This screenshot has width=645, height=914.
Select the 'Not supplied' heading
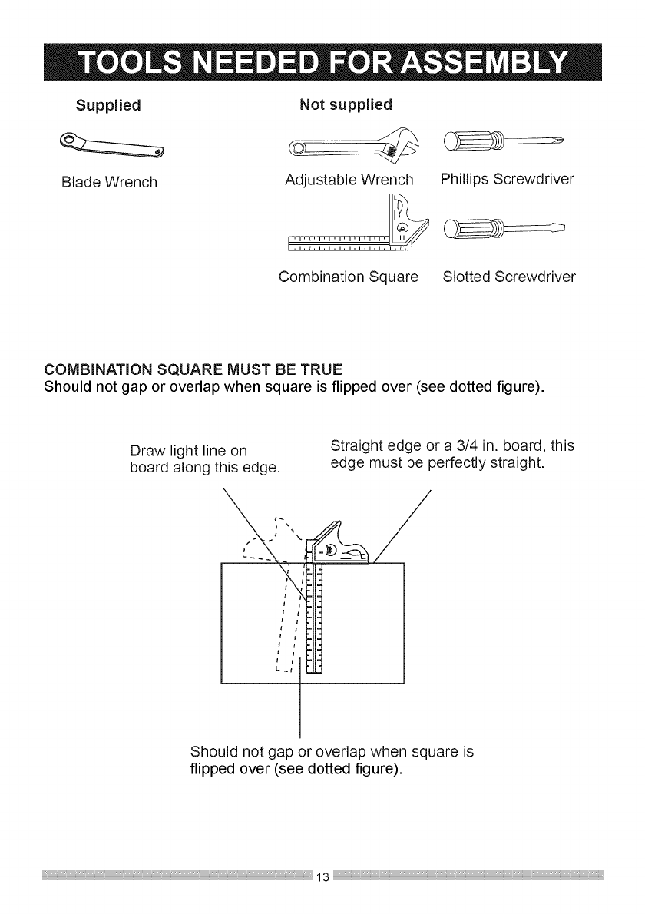[x=346, y=104]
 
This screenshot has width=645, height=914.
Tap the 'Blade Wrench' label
[x=110, y=183]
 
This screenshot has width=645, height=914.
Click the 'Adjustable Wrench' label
[x=349, y=181]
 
